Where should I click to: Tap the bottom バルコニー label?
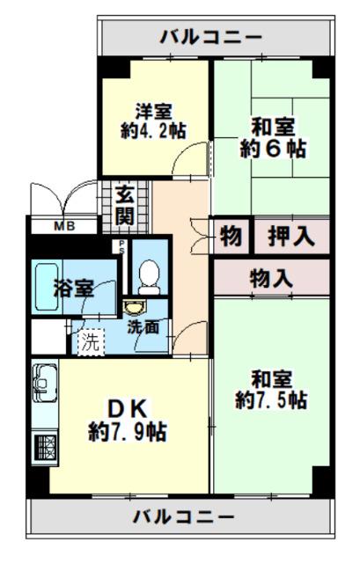pyautogui.click(x=184, y=515)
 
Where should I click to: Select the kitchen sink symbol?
pyautogui.click(x=45, y=384)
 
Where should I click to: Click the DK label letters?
pyautogui.click(x=132, y=408)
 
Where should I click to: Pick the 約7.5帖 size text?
pyautogui.click(x=271, y=400)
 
